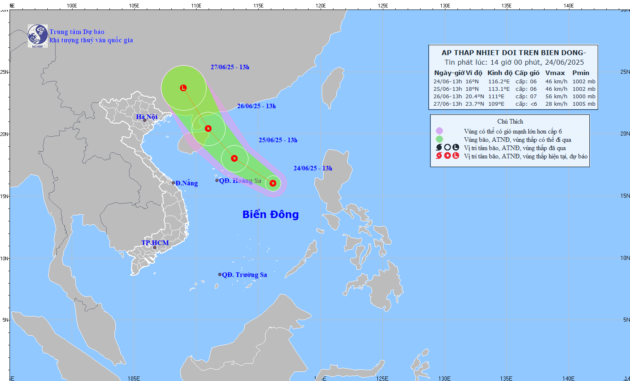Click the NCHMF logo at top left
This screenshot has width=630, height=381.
click(37, 36)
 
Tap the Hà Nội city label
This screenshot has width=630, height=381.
click(147, 116)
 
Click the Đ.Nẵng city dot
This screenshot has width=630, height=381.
click(173, 183)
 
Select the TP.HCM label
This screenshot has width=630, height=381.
click(155, 243)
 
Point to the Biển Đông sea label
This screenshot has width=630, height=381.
click(270, 214)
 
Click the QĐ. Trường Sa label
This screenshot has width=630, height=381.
click(244, 274)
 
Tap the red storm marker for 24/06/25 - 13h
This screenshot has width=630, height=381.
click(273, 183)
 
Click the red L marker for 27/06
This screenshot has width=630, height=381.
click(183, 88)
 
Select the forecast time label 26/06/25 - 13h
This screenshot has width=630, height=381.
click(256, 106)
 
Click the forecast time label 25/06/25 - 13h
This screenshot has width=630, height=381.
click(278, 140)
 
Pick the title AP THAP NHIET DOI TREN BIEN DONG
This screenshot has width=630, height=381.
click(513, 53)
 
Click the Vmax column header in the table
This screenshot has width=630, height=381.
click(555, 73)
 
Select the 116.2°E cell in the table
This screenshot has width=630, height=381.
click(499, 82)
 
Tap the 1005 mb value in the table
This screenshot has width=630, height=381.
click(584, 104)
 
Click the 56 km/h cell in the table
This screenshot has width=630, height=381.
click(556, 97)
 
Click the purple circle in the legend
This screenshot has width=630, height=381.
click(439, 131)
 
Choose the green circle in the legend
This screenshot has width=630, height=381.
click(439, 139)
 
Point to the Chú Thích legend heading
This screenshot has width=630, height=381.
click(510, 121)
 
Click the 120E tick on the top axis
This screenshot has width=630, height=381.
click(320, 5)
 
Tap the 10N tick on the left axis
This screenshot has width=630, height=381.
click(4, 258)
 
